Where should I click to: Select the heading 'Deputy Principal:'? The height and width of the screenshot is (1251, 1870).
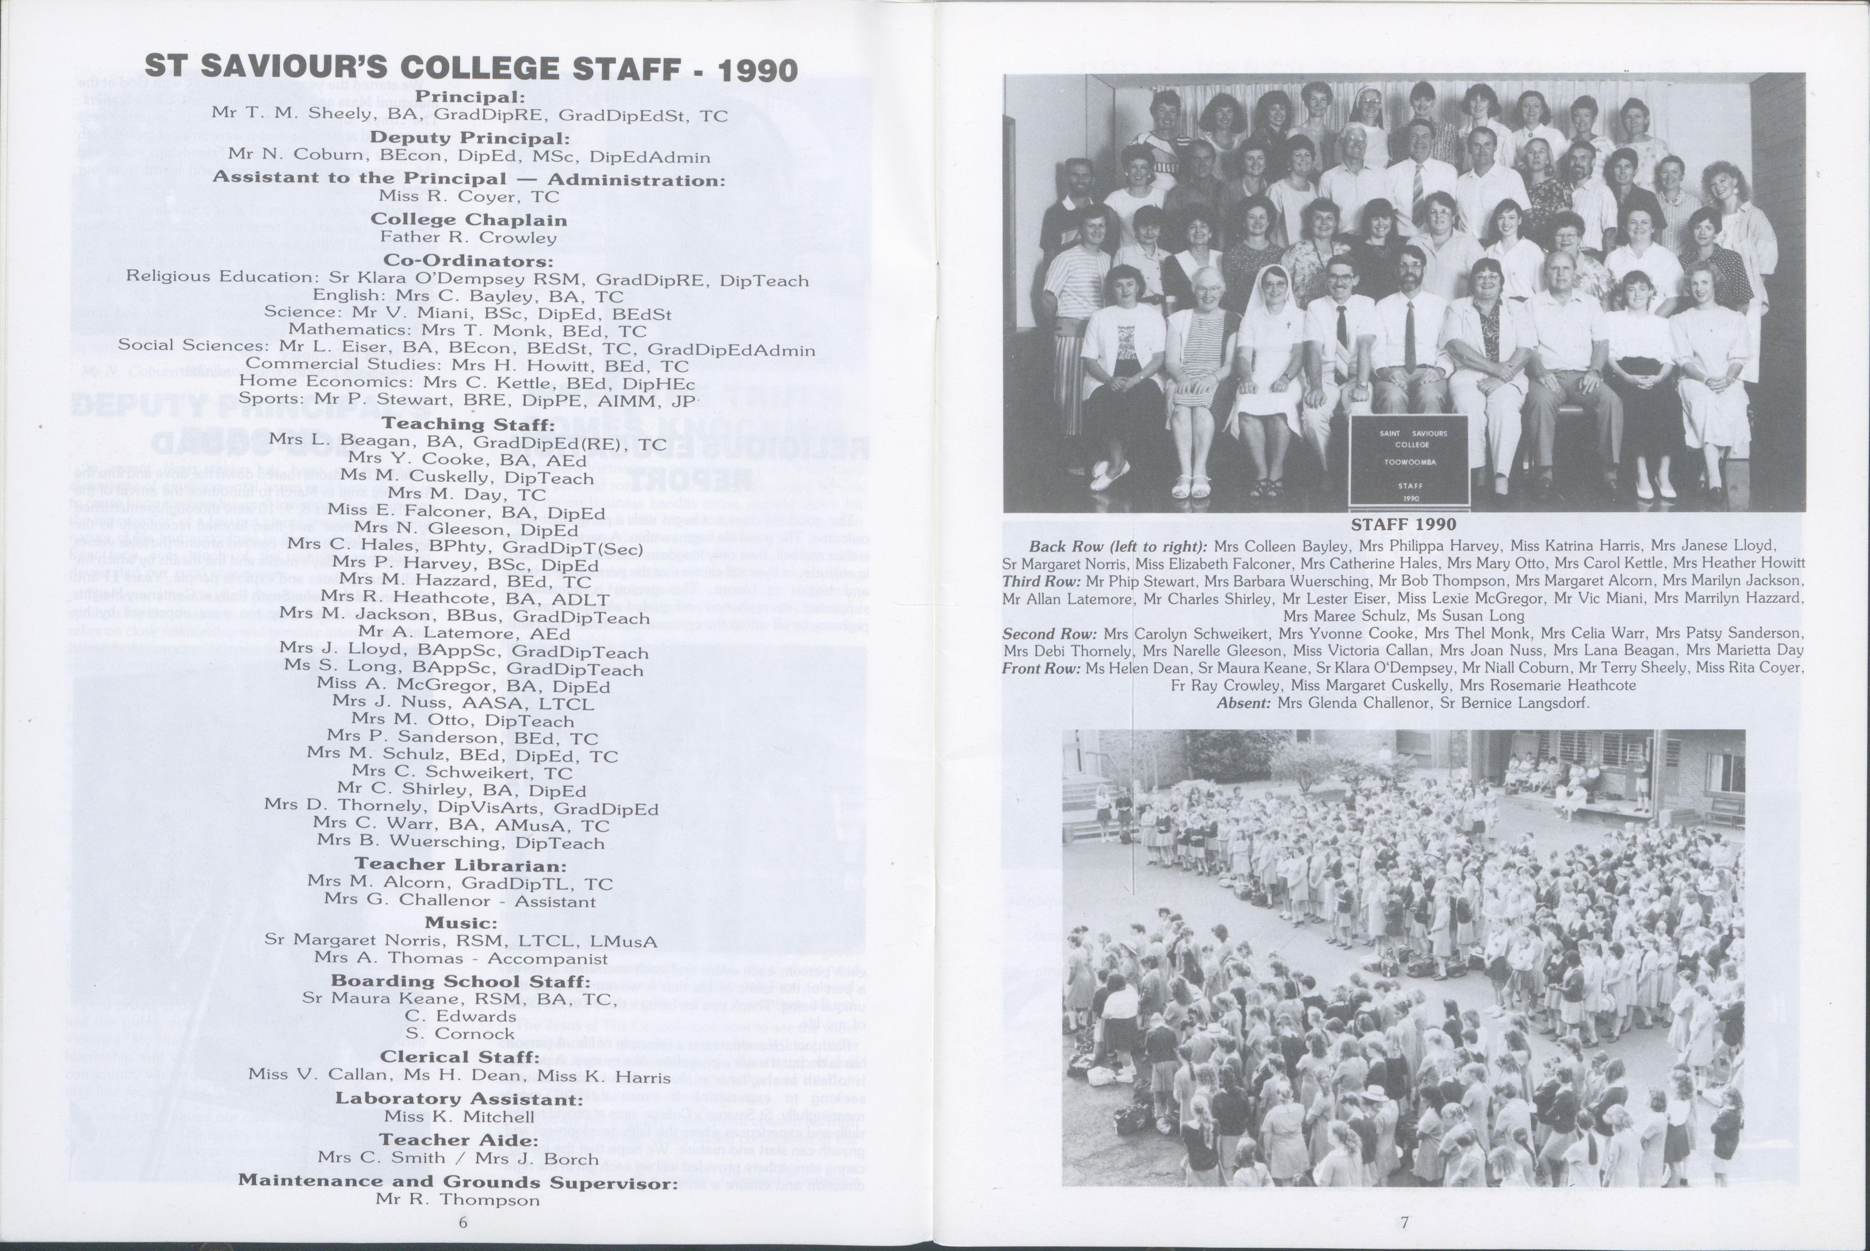coord(468,137)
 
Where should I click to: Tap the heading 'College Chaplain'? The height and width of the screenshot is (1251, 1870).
coord(468,219)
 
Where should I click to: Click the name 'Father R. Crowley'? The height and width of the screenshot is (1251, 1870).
coord(468,237)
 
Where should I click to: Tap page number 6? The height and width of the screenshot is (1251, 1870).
coord(463,1222)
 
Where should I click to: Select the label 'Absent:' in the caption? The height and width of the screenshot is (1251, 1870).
coord(1244,703)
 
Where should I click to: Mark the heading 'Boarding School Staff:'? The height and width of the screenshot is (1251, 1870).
coord(460,980)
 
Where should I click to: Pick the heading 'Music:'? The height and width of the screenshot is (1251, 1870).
coord(460,922)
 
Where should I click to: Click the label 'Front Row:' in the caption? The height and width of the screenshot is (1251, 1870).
coord(1041,668)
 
